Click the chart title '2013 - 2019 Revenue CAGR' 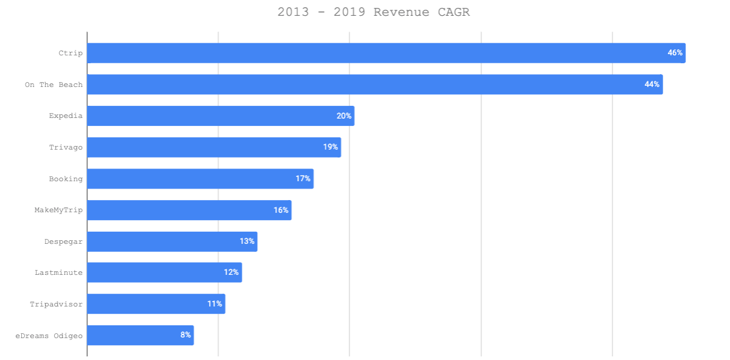tap(373, 12)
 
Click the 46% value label tap(675, 53)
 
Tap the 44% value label tap(652, 85)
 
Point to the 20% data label tap(344, 116)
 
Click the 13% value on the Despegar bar tap(247, 241)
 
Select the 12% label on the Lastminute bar tap(231, 272)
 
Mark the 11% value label tap(215, 304)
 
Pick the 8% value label tap(185, 335)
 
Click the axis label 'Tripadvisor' tap(57, 304)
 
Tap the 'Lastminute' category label tap(58, 272)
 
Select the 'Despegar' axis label tap(63, 241)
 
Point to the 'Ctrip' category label tap(71, 53)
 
